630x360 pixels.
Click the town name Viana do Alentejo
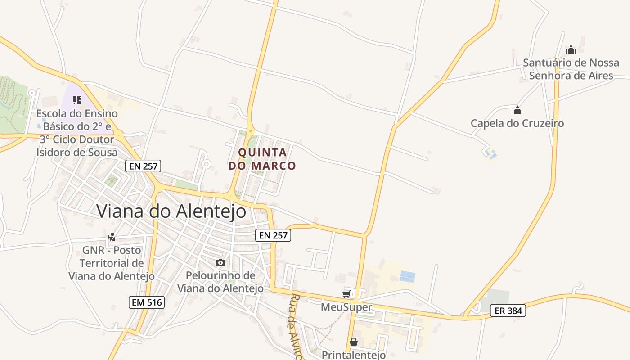click(x=171, y=211)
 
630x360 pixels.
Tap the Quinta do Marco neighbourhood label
click(x=262, y=159)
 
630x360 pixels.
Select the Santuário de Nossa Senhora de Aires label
click(x=571, y=69)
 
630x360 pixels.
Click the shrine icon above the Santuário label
click(x=571, y=49)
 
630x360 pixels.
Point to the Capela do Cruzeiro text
click(x=517, y=123)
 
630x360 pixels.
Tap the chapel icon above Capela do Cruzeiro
click(x=517, y=110)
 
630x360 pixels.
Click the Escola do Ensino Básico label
click(x=77, y=133)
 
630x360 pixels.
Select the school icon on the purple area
click(x=77, y=100)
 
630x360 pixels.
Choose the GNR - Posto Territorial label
click(x=112, y=263)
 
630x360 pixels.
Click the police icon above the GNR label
click(x=112, y=237)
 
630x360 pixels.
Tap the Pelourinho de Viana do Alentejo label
click(x=220, y=282)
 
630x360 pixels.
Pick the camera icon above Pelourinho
click(x=220, y=263)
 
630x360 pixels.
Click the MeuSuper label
click(x=346, y=307)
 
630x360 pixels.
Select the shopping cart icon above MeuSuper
click(x=346, y=294)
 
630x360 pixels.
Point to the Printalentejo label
click(x=354, y=355)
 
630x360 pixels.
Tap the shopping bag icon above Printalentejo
click(x=354, y=342)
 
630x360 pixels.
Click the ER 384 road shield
click(x=508, y=310)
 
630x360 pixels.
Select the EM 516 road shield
click(x=147, y=302)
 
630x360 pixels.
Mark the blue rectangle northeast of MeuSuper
click(x=407, y=276)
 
